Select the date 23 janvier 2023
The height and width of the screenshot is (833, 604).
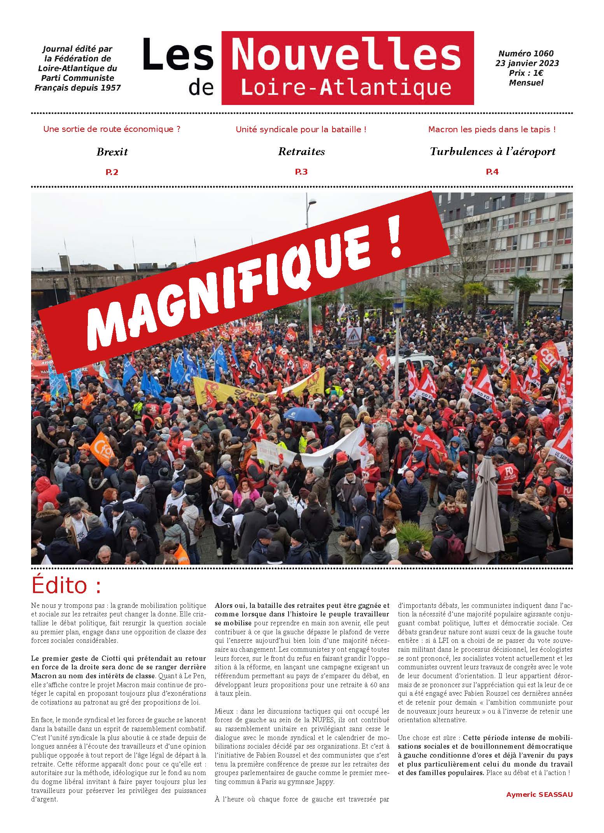click(x=527, y=63)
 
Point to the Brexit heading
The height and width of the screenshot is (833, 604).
click(x=112, y=152)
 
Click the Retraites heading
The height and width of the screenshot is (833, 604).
click(x=301, y=152)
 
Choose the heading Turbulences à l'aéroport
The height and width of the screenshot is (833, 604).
click(x=492, y=152)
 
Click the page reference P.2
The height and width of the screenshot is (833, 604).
click(x=112, y=172)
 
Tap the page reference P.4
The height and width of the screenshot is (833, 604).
click(x=492, y=172)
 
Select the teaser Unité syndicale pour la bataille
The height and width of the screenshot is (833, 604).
click(x=301, y=129)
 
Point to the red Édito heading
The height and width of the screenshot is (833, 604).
click(x=66, y=586)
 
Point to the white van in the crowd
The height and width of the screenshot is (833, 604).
click(x=408, y=364)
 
